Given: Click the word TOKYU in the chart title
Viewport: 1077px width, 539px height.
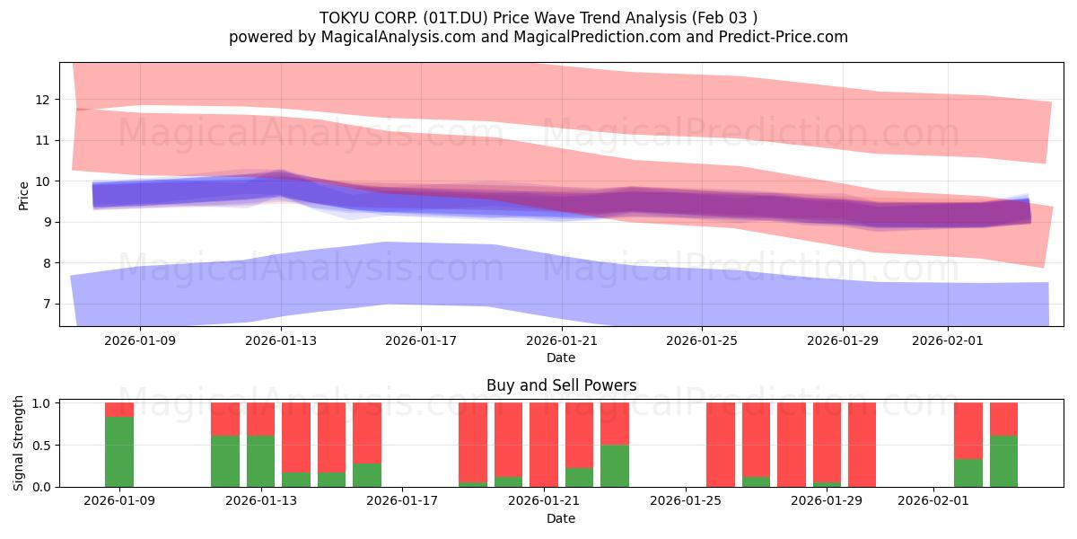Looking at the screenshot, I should [344, 17].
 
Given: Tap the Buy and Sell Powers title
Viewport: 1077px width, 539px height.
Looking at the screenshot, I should [561, 385].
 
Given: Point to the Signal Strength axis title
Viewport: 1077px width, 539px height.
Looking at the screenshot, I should [20, 444].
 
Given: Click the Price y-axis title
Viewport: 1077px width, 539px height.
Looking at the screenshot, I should [24, 195].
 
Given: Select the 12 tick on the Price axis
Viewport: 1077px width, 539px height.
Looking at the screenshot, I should [43, 99].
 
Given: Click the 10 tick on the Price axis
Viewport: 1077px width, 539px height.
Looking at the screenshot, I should [43, 181].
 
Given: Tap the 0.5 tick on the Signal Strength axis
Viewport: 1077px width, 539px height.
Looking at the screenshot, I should [40, 445].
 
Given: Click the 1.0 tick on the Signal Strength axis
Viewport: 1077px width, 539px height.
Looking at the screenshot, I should [40, 403].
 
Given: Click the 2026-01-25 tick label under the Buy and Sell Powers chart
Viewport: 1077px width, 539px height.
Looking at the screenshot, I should [686, 501].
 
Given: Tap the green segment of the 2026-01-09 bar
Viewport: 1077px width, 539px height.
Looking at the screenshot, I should [119, 452].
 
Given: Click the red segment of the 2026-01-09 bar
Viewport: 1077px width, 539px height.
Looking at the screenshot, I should [119, 410].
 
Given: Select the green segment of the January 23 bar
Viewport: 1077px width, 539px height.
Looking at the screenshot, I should [615, 465].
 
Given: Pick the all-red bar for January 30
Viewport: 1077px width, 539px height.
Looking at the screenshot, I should [862, 445].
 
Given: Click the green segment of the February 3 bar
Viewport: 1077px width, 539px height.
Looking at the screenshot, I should [1003, 461].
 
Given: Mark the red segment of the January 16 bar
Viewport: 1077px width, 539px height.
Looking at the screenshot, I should [367, 433].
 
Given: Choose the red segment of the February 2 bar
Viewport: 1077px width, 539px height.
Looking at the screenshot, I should [968, 430].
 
